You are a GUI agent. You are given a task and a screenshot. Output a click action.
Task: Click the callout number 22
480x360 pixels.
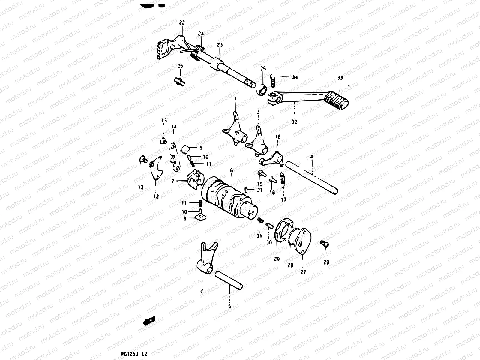[x=182, y=22]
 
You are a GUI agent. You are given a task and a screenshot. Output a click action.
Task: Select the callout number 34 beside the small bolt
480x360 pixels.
[x=295, y=77]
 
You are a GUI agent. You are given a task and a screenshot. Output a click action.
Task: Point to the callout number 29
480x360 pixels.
[x=326, y=262]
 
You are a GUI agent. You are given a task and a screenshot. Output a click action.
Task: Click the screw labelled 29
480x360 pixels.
[x=323, y=243]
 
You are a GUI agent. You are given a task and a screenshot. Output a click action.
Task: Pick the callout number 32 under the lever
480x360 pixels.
[x=294, y=122]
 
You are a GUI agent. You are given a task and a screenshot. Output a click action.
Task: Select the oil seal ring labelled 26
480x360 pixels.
[x=262, y=89]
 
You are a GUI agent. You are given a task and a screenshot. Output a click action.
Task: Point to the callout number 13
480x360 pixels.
[x=141, y=187]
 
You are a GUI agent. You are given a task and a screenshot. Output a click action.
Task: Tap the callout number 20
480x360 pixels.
[x=276, y=259]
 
